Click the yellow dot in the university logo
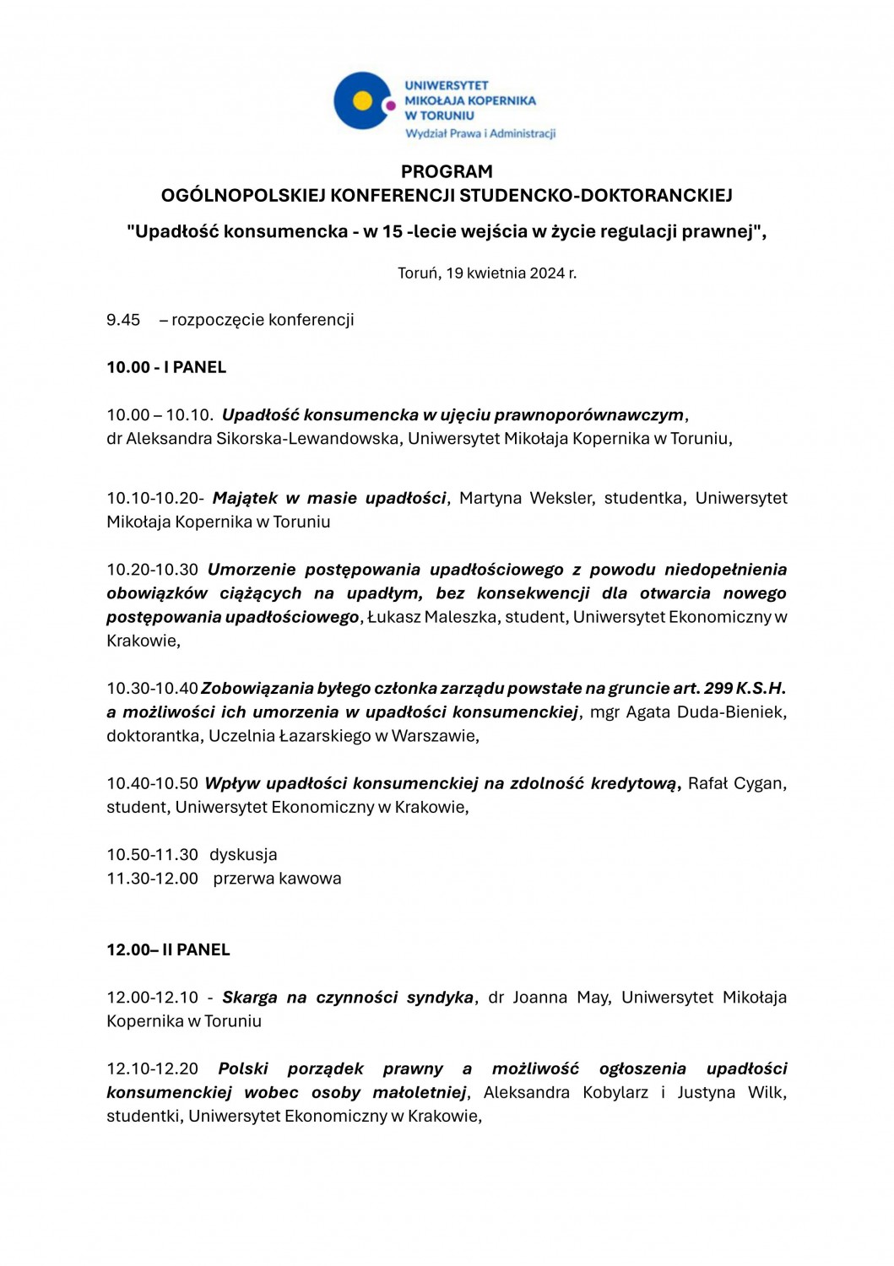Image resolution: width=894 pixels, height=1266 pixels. [x=362, y=101]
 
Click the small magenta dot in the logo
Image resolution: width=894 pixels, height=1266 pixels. [x=390, y=105]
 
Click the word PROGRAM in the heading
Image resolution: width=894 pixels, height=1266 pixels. [x=447, y=171]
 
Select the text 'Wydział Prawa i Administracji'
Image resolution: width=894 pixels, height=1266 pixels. [x=480, y=133]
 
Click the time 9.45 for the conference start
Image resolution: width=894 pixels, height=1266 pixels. [x=123, y=320]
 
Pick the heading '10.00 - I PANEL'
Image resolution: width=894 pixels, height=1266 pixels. [x=166, y=367]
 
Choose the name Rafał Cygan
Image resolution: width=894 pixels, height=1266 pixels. [x=736, y=783]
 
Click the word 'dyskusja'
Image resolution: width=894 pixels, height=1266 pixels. [x=243, y=854]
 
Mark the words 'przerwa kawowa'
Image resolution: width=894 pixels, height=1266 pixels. [x=277, y=878]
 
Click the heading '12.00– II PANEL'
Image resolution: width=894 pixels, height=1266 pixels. [x=168, y=949]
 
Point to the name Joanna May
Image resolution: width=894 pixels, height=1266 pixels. [x=561, y=997]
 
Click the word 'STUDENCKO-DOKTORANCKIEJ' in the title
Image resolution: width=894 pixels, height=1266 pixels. [x=596, y=195]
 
